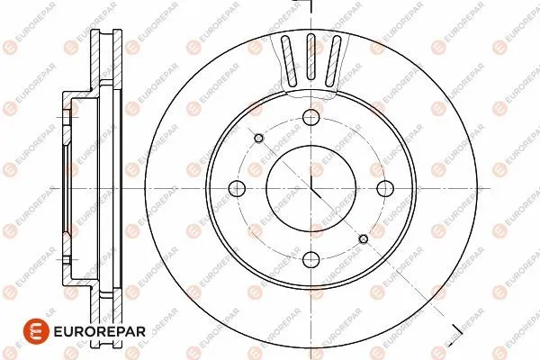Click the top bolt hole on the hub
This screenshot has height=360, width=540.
point(311,117)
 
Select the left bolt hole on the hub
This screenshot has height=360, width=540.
point(238,188)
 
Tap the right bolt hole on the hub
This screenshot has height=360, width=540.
point(384,188)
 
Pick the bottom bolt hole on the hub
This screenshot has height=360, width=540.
point(311,260)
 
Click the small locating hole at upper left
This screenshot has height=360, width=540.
point(259,138)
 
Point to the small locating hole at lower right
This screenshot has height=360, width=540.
point(364,238)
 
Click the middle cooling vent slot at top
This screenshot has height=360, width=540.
point(311,59)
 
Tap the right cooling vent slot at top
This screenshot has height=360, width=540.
point(335,63)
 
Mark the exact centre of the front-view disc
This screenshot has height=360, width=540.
point(311,188)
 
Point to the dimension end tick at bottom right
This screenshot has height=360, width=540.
point(455,326)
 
